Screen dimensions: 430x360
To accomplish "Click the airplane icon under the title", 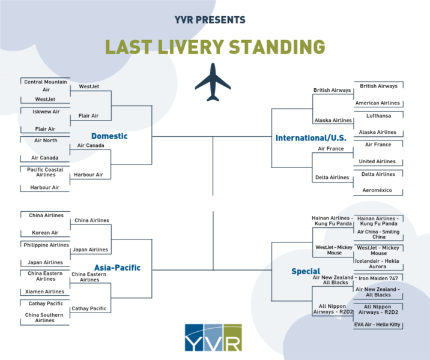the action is pos(213,82).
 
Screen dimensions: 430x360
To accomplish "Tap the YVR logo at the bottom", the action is pos(213,338).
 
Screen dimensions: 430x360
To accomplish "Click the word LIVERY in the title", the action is pos(191,47).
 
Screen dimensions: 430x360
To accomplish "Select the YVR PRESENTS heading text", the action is pos(210,20).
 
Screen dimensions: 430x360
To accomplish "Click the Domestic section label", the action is pos(109,136).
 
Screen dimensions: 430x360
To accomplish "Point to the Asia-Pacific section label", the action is pos(117,268).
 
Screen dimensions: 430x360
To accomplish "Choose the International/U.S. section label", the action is pos(311,138).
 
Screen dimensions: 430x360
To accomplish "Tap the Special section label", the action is pos(306,271).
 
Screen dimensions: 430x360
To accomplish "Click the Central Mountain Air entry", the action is pos(46,86).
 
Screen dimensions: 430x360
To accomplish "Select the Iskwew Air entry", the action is pos(46,112).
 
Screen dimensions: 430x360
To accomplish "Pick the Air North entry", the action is pos(46,140).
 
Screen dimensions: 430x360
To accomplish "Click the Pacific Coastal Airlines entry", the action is pos(45,172).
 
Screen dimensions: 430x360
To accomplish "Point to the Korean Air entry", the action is pos(45,233).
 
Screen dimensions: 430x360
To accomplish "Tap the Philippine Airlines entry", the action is pos(46,245).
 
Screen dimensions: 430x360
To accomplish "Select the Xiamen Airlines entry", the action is pos(44,292).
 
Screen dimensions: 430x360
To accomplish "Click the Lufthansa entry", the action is pos(378,116).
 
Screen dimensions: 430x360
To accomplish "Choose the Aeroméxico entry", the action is pos(377,190).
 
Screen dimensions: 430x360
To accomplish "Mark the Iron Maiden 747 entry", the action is pos(378,278).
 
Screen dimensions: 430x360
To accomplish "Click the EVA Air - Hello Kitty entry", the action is pos(377,325).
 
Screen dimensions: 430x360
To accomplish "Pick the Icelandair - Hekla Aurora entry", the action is pos(377,263).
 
